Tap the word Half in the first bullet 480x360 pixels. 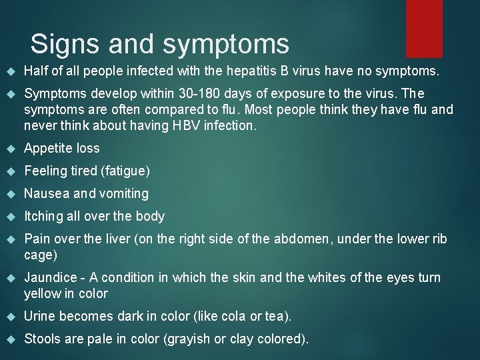coord(35,71)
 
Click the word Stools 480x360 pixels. coord(42,339)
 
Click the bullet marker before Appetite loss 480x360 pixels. coord(10,149)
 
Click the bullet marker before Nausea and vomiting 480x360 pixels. coord(10,194)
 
